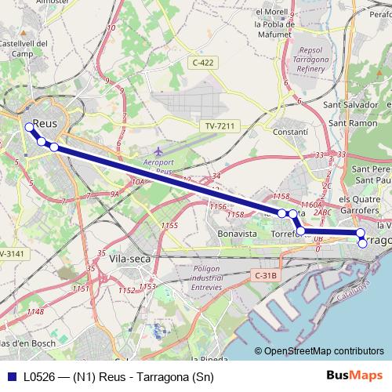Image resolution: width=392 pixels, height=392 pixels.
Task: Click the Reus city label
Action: [x=49, y=125]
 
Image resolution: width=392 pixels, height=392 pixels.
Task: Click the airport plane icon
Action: [x=159, y=149]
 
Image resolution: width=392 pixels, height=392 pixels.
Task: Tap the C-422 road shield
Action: [x=202, y=61]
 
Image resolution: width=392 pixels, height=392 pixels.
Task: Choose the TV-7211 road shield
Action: [x=220, y=126]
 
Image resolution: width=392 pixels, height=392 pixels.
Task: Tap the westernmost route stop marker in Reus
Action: [x=29, y=127]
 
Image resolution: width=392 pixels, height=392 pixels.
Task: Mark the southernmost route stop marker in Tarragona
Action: [x=362, y=244]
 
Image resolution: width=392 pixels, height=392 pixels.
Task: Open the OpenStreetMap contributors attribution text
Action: [x=324, y=351]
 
